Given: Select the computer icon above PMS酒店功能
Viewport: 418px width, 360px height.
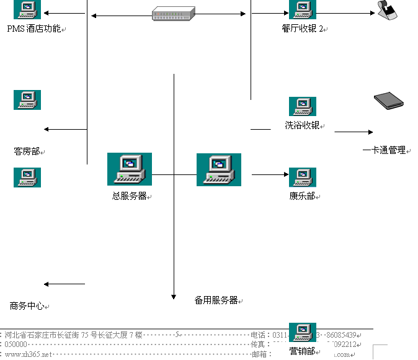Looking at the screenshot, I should coord(27,9).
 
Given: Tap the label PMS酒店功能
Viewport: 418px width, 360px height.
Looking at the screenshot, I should coord(34,29).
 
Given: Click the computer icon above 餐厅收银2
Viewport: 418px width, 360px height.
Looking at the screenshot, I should coord(303,9).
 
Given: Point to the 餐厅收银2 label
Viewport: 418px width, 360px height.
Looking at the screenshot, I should coord(303,29).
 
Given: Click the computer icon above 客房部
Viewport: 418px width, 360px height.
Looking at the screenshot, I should coord(27,99).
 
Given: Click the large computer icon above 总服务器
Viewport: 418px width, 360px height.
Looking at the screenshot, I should coord(129,169).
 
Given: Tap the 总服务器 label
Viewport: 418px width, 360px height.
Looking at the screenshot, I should coord(129,196).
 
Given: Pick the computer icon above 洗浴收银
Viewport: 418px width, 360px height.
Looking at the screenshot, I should coord(303,106).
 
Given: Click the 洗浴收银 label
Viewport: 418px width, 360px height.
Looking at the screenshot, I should coord(303,125).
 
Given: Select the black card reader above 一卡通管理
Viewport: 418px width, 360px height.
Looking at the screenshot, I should coord(389,101).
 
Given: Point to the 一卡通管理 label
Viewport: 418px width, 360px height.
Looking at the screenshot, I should coord(384,150).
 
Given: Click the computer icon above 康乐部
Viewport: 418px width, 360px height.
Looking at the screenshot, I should coord(303,178).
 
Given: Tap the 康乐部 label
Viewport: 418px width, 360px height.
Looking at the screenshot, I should coord(302,196).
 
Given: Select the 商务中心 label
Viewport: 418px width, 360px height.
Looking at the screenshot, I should coord(27,306).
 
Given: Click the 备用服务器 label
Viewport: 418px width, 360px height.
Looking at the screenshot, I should coord(216,300).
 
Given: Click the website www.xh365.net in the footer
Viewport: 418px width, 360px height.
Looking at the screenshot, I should coord(28,354).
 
